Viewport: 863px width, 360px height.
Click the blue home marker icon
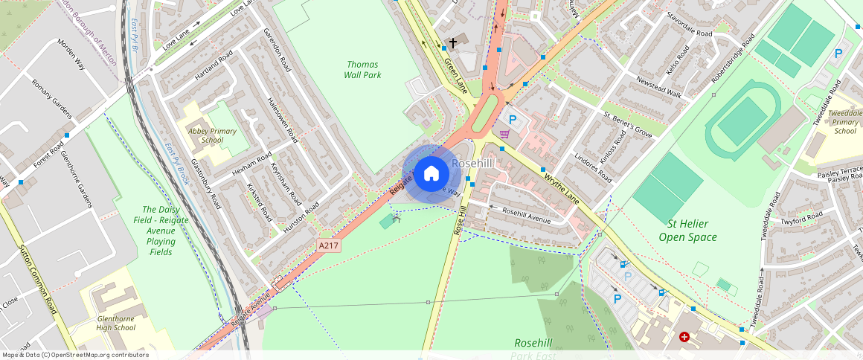[x=431, y=174]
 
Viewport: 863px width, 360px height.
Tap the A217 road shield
[x=329, y=245]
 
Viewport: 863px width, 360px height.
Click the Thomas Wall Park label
[x=362, y=70]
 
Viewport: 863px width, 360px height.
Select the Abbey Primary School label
[x=212, y=135]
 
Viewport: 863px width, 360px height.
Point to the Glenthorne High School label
[x=115, y=323]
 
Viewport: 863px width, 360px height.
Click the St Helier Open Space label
[x=687, y=231]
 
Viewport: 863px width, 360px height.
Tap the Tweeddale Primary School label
[x=845, y=122]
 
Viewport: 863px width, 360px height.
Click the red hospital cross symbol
[x=684, y=337]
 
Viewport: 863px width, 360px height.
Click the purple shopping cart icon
[x=505, y=134]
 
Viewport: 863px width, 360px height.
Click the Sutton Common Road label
[x=39, y=279]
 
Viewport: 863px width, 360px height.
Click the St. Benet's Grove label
[x=627, y=125]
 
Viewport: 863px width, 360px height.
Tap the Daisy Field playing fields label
[x=161, y=231]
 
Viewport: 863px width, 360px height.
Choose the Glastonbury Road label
[x=206, y=182]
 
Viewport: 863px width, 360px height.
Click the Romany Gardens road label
[x=51, y=97]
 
